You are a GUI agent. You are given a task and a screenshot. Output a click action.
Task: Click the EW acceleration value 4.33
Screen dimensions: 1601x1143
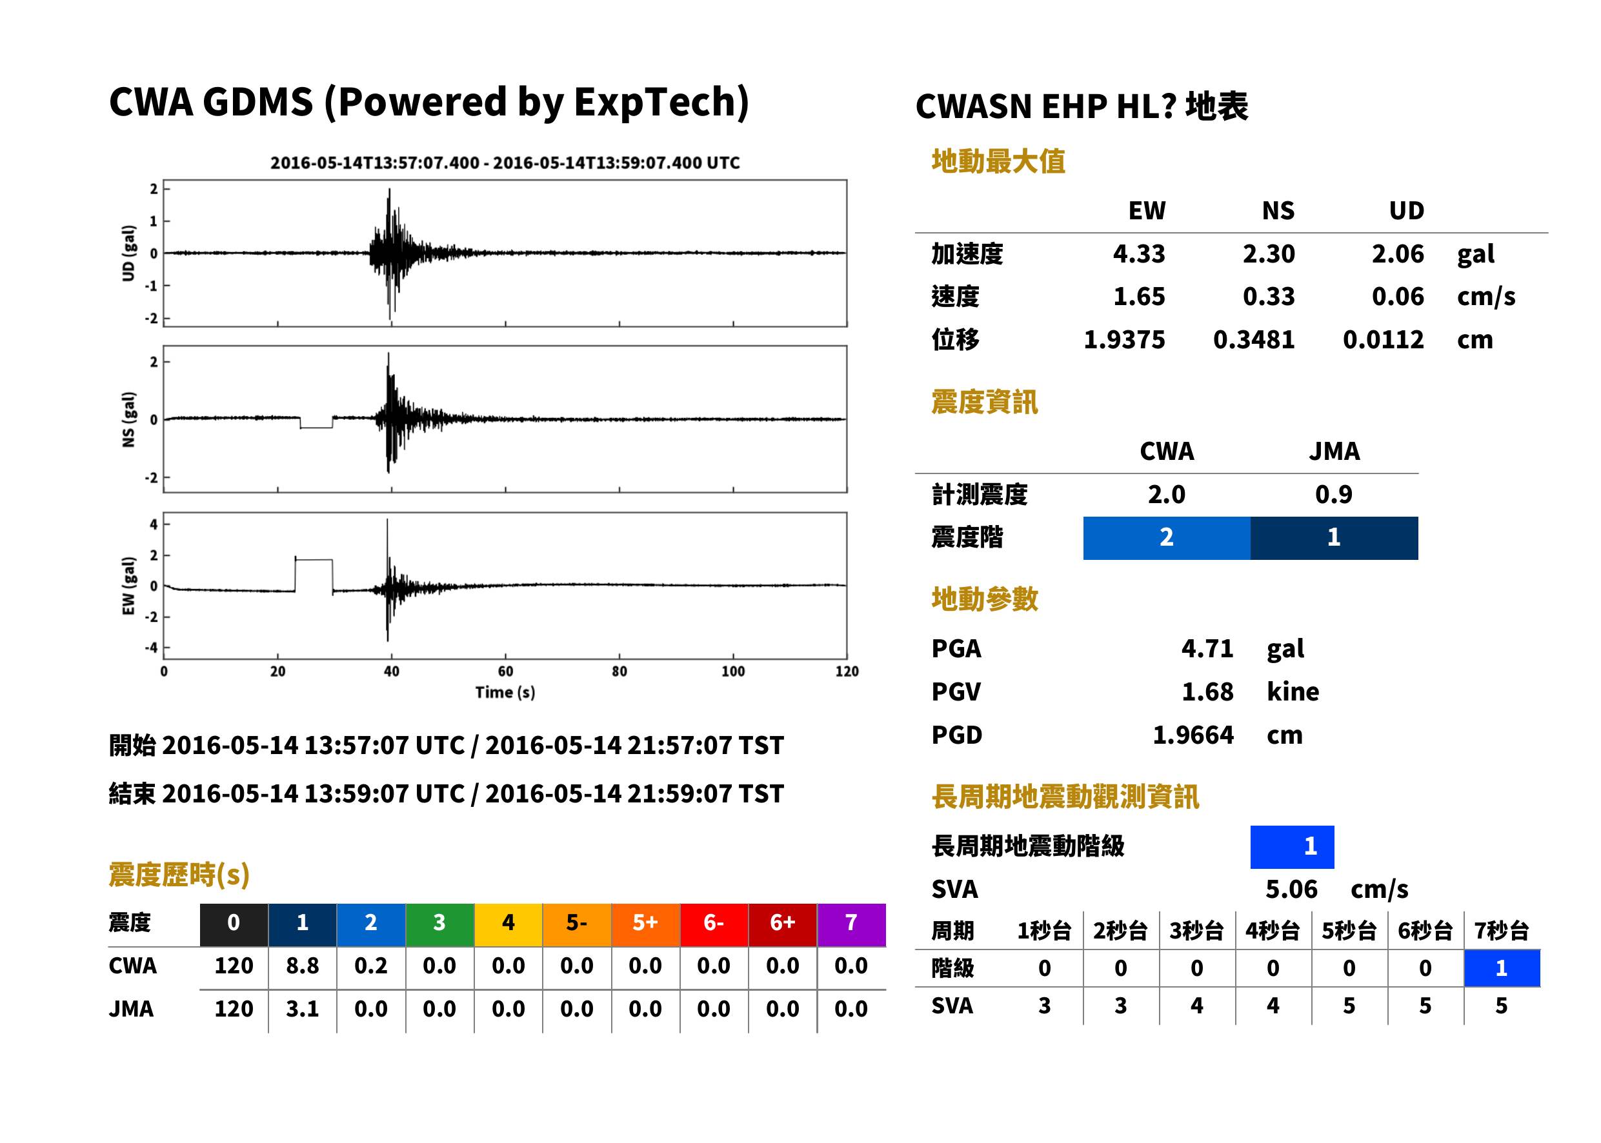pyautogui.click(x=1138, y=253)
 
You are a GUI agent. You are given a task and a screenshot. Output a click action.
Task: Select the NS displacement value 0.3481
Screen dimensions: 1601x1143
pyautogui.click(x=1253, y=340)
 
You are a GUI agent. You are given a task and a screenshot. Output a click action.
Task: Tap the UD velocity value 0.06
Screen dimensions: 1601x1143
pyautogui.click(x=1398, y=296)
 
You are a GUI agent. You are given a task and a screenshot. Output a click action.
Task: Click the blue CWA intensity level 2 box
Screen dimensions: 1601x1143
pyautogui.click(x=1166, y=538)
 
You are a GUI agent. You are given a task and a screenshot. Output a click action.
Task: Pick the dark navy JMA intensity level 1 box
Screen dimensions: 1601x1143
pyautogui.click(x=1334, y=538)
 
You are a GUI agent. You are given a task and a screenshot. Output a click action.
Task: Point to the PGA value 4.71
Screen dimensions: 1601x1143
pyautogui.click(x=1207, y=648)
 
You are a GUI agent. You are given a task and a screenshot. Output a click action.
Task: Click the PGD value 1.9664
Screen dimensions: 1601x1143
pyautogui.click(x=1193, y=735)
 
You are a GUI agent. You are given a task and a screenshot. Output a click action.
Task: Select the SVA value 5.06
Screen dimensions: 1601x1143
pyautogui.click(x=1291, y=889)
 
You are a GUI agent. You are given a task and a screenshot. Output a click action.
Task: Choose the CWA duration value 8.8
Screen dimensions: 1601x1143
pyautogui.click(x=302, y=966)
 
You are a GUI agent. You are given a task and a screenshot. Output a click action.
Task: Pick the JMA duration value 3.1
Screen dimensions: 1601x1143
pyautogui.click(x=302, y=1009)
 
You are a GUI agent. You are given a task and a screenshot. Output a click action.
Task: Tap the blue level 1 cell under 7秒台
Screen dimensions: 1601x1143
pyautogui.click(x=1502, y=968)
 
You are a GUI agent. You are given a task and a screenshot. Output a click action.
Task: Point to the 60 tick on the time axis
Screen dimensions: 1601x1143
pyautogui.click(x=505, y=671)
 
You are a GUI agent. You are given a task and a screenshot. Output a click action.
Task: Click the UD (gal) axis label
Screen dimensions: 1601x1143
pyautogui.click(x=128, y=253)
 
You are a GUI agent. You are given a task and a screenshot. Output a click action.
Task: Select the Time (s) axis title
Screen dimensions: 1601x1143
pyautogui.click(x=505, y=693)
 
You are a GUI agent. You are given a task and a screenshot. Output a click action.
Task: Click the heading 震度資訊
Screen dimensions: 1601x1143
pyautogui.click(x=984, y=403)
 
